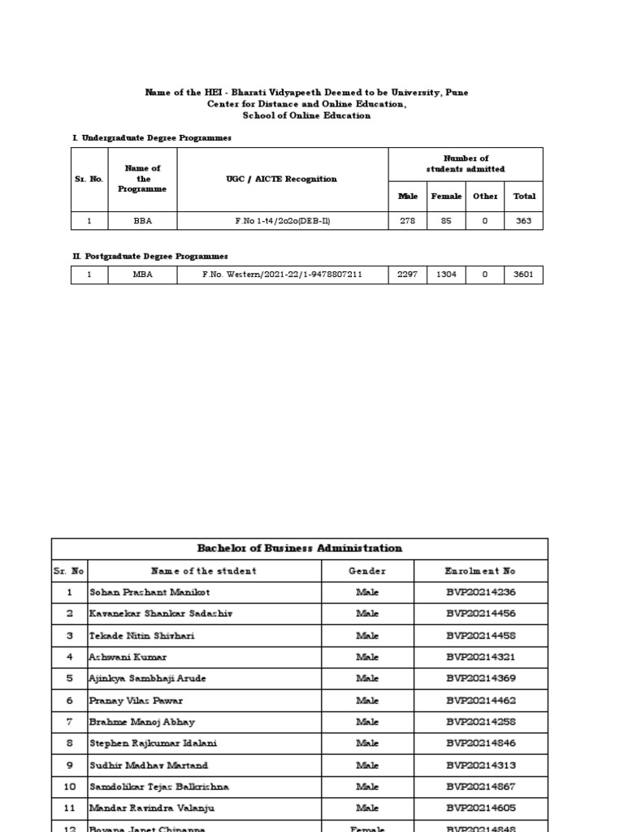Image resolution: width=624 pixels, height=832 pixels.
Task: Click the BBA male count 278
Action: point(407,221)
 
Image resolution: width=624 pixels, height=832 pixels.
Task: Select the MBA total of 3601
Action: point(523,275)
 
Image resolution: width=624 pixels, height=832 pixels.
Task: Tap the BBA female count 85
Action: point(446,221)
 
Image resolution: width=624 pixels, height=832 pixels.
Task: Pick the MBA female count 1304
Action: point(446,275)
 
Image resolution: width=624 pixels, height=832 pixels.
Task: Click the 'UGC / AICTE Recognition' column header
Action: point(282,179)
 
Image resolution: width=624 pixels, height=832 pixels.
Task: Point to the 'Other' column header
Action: point(485,196)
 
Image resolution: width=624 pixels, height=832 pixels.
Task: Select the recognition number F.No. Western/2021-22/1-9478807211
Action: point(282,275)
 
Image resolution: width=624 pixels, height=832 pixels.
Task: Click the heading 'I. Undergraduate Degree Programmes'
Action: point(152,138)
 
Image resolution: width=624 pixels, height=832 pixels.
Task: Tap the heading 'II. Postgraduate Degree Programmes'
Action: point(150,257)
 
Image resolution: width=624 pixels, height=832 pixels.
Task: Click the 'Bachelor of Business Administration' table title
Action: point(300,548)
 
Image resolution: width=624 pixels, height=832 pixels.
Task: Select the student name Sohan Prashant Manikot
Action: point(138,592)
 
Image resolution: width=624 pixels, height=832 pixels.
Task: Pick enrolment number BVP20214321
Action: point(480,656)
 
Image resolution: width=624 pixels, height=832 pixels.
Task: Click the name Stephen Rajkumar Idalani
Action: point(153,743)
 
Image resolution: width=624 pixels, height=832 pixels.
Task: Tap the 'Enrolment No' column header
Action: point(480,571)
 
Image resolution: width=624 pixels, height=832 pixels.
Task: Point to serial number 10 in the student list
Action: point(69,786)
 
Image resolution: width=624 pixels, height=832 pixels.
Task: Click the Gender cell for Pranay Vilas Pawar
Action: point(367,700)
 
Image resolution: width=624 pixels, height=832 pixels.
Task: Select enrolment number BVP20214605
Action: point(480,808)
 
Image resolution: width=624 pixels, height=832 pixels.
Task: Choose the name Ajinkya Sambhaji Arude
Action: point(142,678)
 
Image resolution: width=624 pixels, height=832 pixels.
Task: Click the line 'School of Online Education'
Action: point(306,115)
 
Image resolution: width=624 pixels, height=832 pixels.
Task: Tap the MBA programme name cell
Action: point(143,275)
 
